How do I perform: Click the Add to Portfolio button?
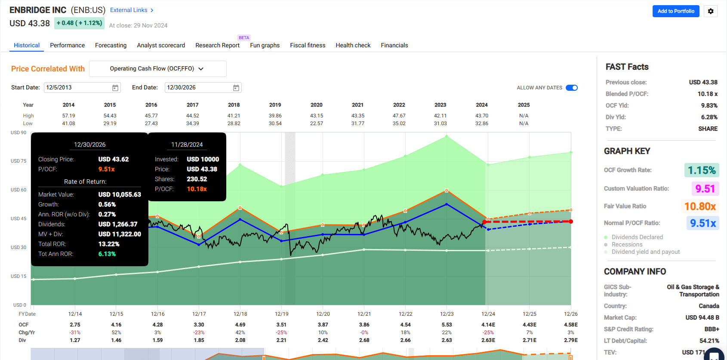point(675,11)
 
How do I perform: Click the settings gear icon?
point(711,11)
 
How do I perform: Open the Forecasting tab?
point(111,45)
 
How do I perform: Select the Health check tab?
point(353,45)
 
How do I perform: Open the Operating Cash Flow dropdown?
point(157,69)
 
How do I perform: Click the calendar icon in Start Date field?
point(115,88)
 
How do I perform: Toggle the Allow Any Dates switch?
point(571,88)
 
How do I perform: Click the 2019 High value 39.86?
point(275,116)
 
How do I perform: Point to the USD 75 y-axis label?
point(18,161)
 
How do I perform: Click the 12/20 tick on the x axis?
point(323,314)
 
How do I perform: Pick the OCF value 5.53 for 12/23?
point(447,325)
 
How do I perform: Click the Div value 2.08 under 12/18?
point(240,340)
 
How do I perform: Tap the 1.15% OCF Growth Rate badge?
point(701,170)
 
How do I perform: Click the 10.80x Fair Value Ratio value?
point(700,206)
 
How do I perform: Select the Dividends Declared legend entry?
point(637,237)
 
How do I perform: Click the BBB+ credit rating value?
point(712,329)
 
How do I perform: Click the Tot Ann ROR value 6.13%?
point(107,254)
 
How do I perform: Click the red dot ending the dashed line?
point(571,222)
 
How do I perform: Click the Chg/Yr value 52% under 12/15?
point(116,332)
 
